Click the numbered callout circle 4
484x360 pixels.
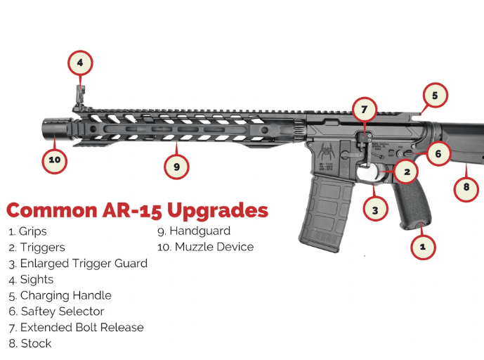pos(80,63)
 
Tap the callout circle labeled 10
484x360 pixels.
pos(54,160)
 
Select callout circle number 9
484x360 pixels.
pos(176,167)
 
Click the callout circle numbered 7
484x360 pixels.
pos(364,110)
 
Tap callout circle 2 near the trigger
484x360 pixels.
pos(406,171)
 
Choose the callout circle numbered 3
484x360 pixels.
pos(375,209)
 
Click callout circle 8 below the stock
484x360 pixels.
pos(466,188)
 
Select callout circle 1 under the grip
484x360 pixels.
pos(422,246)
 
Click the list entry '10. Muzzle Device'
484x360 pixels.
pos(205,247)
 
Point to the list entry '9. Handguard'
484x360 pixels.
pos(194,231)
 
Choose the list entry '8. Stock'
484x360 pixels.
pos(30,344)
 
